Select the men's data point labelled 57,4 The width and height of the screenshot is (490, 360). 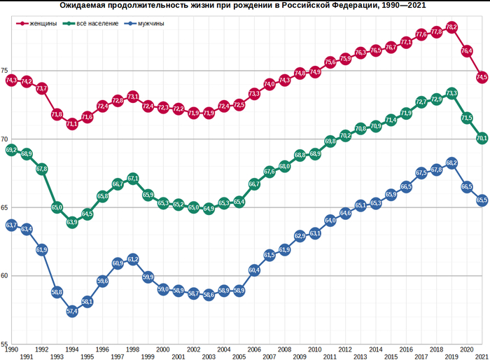[72, 312]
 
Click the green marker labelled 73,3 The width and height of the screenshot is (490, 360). [451, 93]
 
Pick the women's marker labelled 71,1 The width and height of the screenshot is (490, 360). [72, 124]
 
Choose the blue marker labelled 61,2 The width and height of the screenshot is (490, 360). [133, 259]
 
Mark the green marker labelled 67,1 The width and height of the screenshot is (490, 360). [133, 179]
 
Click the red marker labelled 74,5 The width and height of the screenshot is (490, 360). [482, 76]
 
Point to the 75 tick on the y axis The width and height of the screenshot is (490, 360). [4, 71]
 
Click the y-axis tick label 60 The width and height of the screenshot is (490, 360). [4, 276]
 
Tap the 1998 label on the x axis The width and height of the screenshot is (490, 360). [133, 349]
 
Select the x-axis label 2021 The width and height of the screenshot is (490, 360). [482, 356]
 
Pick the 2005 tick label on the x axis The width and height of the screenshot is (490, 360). [239, 356]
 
